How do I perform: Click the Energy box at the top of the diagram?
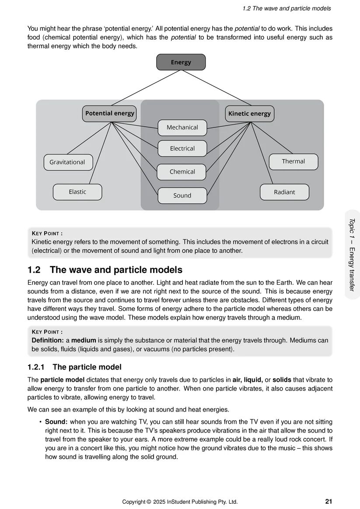[x=181, y=62]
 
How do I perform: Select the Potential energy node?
[x=109, y=113]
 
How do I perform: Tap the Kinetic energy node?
[x=249, y=114]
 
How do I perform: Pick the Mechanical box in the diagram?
[x=182, y=127]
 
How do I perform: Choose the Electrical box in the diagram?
[x=182, y=149]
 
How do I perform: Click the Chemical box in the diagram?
[x=182, y=172]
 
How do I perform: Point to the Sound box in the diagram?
[x=182, y=195]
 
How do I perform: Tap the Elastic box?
[x=77, y=192]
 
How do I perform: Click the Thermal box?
[x=293, y=161]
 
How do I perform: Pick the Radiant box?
[x=284, y=192]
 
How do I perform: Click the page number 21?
[x=329, y=501]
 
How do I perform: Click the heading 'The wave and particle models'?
[x=116, y=270]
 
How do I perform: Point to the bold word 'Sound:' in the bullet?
[x=56, y=422]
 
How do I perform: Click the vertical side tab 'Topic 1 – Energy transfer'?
[x=352, y=254]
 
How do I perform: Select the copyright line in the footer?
[x=180, y=502]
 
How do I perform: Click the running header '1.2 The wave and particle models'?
[x=287, y=8]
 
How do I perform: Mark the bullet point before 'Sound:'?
[x=40, y=422]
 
